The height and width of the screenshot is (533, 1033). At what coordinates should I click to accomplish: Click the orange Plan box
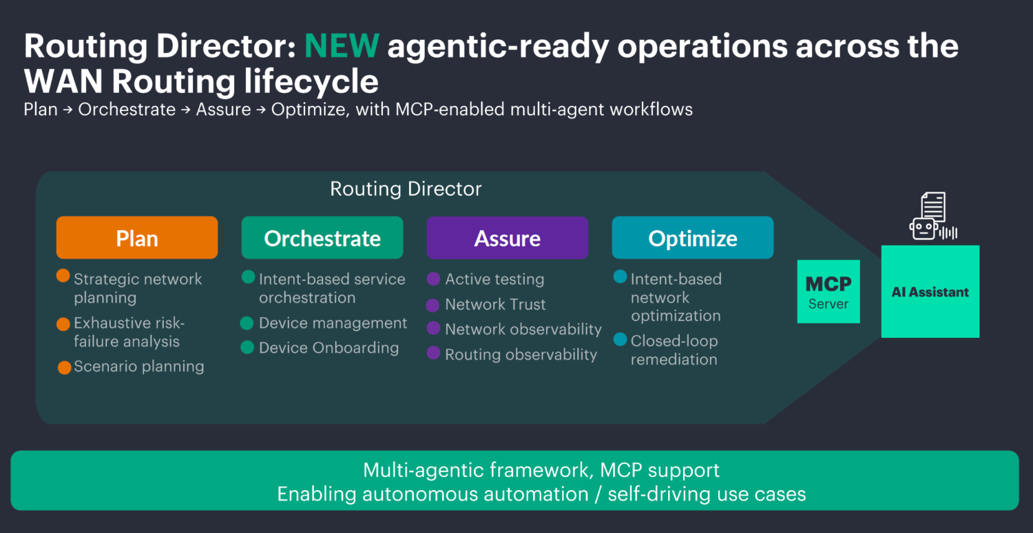(x=137, y=238)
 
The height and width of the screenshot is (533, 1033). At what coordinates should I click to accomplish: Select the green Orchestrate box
(x=322, y=238)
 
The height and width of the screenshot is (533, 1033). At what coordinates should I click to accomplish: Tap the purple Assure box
(x=507, y=238)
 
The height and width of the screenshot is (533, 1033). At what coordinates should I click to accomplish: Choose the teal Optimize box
(x=692, y=238)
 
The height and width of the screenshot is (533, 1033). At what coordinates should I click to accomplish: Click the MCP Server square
(x=828, y=292)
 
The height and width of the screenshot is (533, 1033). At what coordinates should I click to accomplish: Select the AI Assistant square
(x=930, y=292)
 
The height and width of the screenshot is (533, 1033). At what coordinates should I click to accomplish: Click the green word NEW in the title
(x=342, y=46)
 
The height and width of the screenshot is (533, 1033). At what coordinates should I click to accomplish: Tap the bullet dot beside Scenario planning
(x=65, y=368)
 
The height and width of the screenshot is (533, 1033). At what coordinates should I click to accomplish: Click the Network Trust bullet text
(x=495, y=305)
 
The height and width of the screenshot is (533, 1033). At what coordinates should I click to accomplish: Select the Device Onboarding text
(x=328, y=348)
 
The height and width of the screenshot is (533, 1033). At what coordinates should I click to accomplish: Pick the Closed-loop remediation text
(x=674, y=350)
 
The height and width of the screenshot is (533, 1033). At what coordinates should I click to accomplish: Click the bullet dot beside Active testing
(x=433, y=279)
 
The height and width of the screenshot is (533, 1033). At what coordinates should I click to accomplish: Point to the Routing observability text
(x=521, y=355)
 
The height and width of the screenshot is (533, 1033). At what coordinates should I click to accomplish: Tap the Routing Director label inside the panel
(x=406, y=189)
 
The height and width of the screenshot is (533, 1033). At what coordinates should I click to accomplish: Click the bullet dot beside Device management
(x=247, y=323)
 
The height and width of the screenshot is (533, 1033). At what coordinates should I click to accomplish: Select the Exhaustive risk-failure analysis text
(x=129, y=332)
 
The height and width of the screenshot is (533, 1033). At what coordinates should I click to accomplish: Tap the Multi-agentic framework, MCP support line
(x=541, y=470)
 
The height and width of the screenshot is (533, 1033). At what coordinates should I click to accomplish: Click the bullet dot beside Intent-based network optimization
(x=620, y=277)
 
